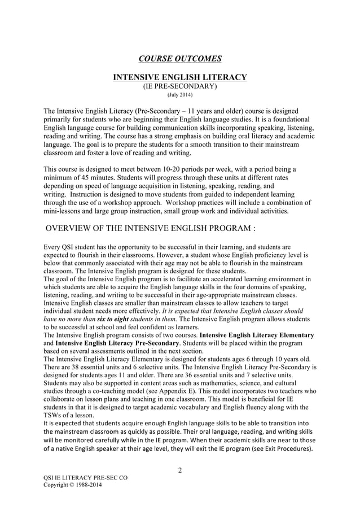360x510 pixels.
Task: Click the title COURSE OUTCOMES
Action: [180, 58]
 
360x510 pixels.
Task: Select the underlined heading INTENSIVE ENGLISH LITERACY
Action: [180, 77]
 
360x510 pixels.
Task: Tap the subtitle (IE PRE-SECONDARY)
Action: [180, 86]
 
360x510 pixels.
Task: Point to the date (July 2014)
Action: [180, 95]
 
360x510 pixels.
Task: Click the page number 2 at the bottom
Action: [180, 472]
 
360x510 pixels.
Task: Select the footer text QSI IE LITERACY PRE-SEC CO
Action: [85, 478]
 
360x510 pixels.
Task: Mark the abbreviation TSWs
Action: [55, 415]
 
